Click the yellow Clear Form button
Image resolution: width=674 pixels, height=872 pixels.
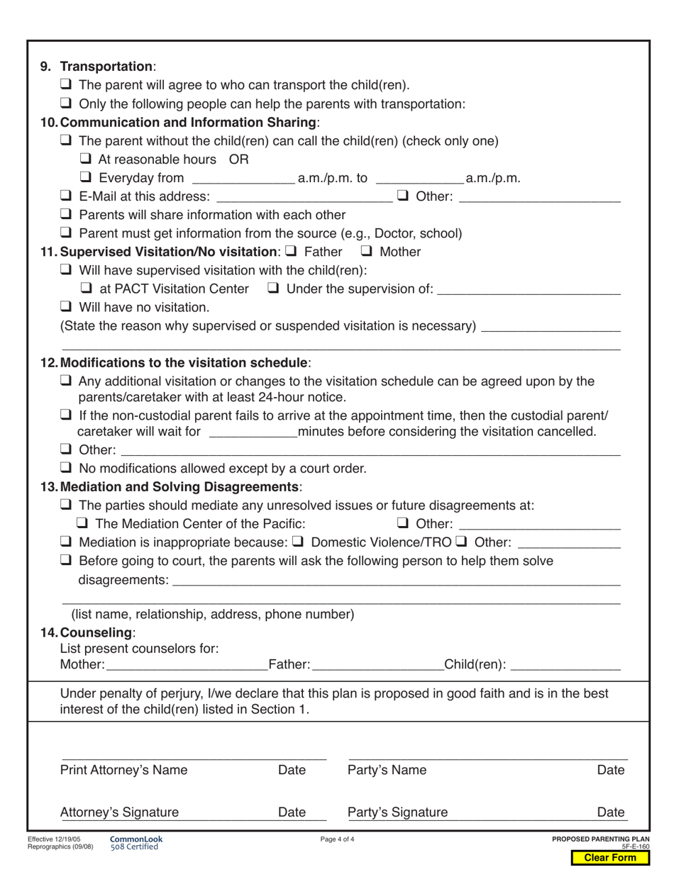coord(610,858)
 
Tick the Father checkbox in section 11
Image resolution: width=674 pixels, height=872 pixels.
coord(290,251)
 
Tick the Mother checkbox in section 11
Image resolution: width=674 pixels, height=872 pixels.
coord(367,251)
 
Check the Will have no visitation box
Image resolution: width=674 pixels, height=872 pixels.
coord(66,307)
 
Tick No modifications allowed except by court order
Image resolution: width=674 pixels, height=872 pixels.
coord(66,468)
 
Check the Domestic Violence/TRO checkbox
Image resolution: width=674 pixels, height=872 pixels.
coord(299,542)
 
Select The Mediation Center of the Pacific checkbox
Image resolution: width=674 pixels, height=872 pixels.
coord(82,524)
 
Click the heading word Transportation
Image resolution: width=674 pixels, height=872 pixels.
coord(106,67)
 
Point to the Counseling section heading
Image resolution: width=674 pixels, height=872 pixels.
coord(96,632)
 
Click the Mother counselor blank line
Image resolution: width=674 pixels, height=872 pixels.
coord(186,666)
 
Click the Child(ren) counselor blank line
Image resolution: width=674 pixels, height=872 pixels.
coord(565,666)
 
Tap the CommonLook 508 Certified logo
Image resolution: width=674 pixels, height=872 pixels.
coord(136,843)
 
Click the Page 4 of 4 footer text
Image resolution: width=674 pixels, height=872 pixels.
coord(337,839)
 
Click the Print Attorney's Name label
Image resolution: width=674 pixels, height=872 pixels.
coord(124,771)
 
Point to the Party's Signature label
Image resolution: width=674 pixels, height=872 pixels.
coord(397,812)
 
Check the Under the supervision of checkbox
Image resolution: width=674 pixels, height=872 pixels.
coord(273,289)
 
